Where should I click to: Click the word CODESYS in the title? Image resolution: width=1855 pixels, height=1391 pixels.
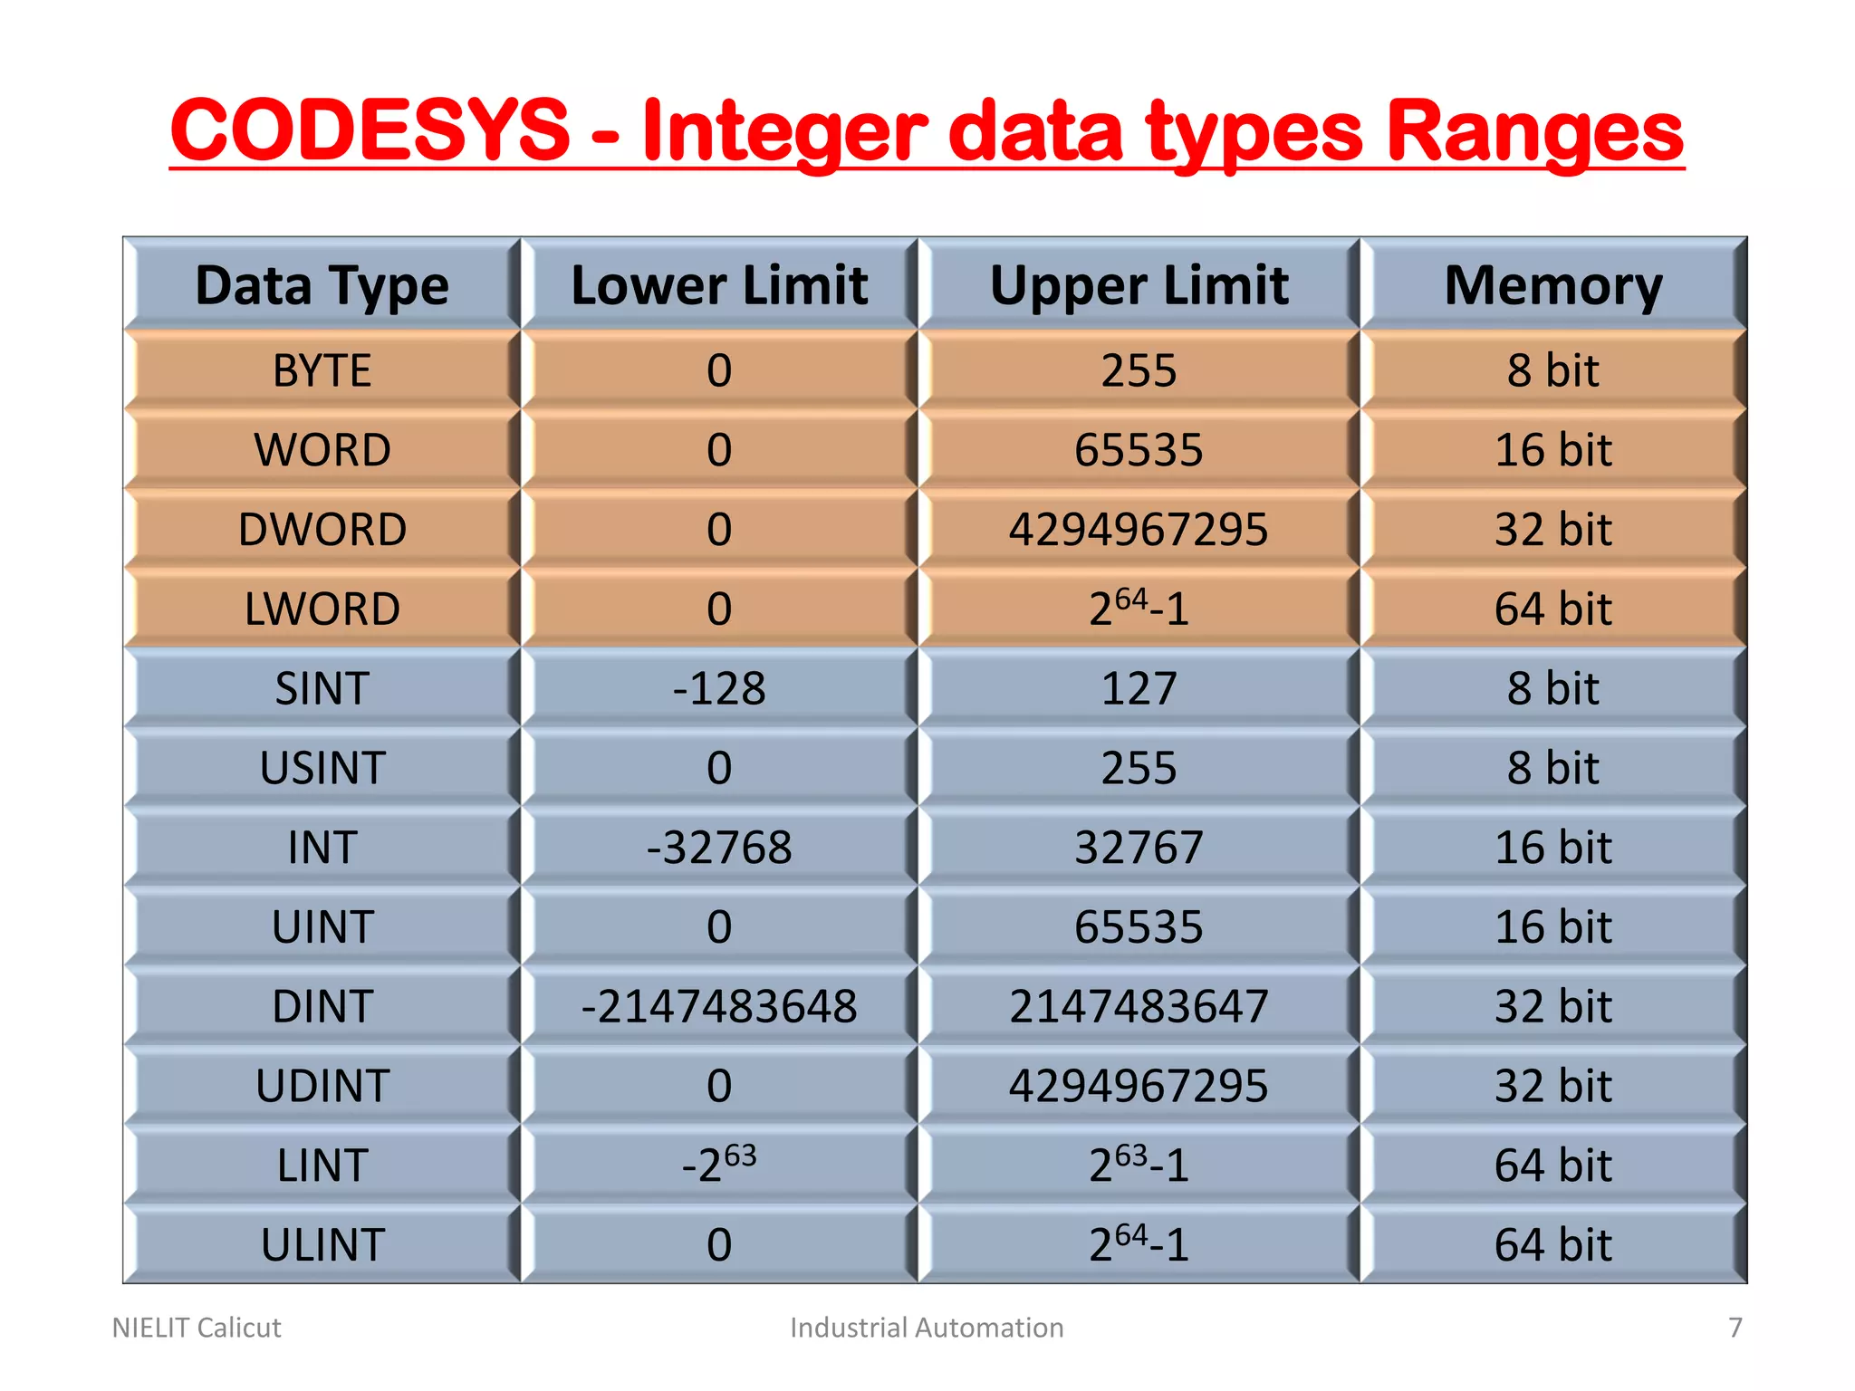(370, 130)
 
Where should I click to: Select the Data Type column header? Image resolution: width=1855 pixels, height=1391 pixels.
(322, 285)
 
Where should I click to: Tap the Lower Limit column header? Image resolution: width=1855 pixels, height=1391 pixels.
(719, 285)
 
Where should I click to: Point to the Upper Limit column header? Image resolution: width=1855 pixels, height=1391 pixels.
(1139, 285)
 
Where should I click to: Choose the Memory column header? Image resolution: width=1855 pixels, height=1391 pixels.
(1553, 285)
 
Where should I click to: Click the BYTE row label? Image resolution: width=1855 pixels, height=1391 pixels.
(322, 370)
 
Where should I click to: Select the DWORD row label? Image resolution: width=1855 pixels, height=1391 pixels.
(322, 530)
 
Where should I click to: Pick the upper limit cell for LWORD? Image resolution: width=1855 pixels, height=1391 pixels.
(1139, 608)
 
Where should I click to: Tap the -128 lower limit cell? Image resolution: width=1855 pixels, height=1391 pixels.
(719, 688)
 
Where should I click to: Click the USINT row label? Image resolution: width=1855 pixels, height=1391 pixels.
(322, 768)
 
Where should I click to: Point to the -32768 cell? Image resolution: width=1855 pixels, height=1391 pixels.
(719, 848)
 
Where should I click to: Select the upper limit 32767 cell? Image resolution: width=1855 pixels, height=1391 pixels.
(1139, 848)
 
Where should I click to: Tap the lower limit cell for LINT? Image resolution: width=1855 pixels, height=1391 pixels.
(719, 1165)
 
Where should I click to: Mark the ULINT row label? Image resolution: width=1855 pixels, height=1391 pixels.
(322, 1244)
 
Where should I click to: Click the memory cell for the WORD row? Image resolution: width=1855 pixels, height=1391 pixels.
(1553, 450)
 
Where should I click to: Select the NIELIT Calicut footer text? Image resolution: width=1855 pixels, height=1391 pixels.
(197, 1328)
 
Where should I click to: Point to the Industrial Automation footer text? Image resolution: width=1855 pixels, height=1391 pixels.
(927, 1328)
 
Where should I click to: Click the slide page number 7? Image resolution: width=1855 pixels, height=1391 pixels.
(1735, 1328)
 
